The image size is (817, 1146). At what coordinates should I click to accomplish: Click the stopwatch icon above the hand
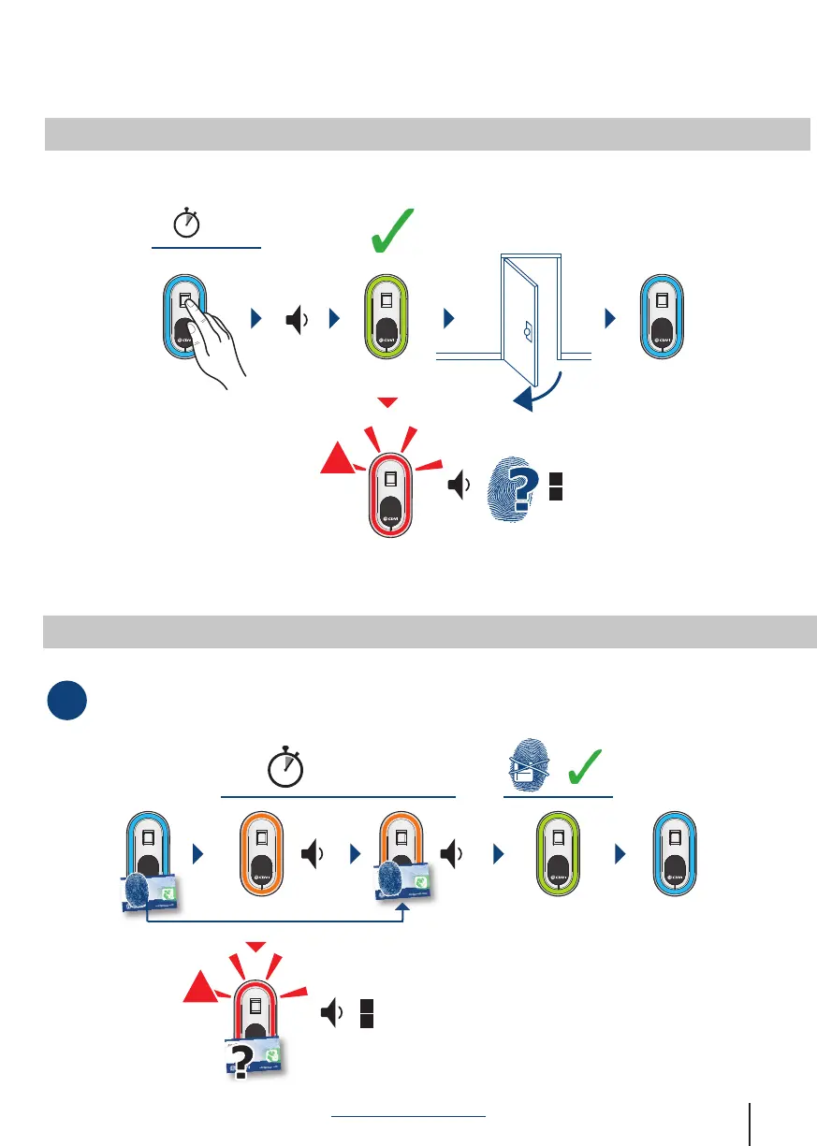[x=187, y=224]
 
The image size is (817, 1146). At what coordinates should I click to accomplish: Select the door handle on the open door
[x=528, y=330]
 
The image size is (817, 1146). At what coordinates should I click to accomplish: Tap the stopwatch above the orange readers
[x=286, y=767]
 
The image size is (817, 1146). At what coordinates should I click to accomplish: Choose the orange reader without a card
[x=263, y=853]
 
